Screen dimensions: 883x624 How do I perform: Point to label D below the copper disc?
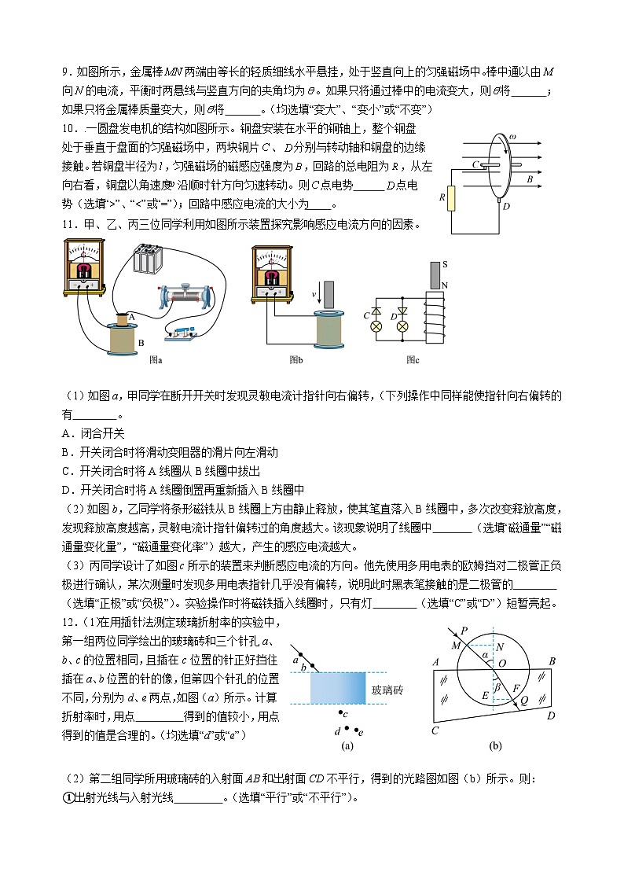coord(506,206)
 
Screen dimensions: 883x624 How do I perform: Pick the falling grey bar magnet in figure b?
coord(329,294)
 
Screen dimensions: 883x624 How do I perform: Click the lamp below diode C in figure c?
coord(376,326)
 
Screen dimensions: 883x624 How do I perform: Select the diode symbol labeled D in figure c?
coord(403,310)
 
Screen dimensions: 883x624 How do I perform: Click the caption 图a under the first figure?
coord(156,359)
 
